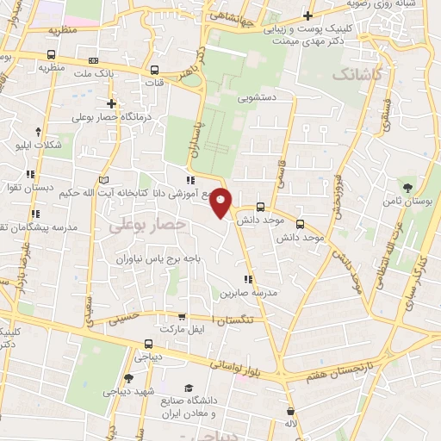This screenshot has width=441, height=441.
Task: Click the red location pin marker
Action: click(221, 202)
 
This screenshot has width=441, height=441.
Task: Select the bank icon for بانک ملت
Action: click(93, 61)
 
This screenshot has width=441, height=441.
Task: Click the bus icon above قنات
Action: click(153, 71)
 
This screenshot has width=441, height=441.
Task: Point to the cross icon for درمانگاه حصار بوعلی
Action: click(112, 103)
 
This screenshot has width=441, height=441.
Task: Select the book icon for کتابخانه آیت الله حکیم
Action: click(105, 179)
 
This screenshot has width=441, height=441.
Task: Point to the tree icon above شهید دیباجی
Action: click(128, 378)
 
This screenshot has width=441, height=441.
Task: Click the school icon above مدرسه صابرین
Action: click(248, 279)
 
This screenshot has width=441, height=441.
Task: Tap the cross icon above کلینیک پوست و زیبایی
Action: click(307, 16)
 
